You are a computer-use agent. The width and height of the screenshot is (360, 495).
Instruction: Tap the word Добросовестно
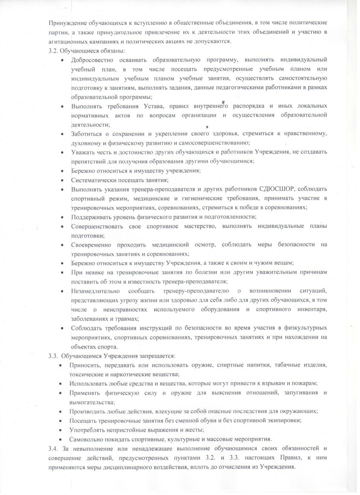pyautogui.click(x=92, y=60)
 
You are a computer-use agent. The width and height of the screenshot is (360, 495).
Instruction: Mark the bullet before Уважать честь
pyautogui.click(x=63, y=152)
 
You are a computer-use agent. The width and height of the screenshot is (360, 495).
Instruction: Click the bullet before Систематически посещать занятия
pyautogui.click(x=63, y=180)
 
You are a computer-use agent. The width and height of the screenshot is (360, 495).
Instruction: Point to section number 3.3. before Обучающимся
pyautogui.click(x=53, y=356)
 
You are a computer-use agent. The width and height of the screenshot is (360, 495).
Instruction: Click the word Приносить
pyautogui.click(x=82, y=365)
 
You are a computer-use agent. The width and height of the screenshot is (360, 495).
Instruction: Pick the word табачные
pyautogui.click(x=286, y=365)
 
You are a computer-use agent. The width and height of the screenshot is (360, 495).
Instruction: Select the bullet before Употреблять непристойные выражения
pyautogui.click(x=61, y=430)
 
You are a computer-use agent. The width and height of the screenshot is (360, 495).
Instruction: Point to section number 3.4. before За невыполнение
pyautogui.click(x=53, y=449)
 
